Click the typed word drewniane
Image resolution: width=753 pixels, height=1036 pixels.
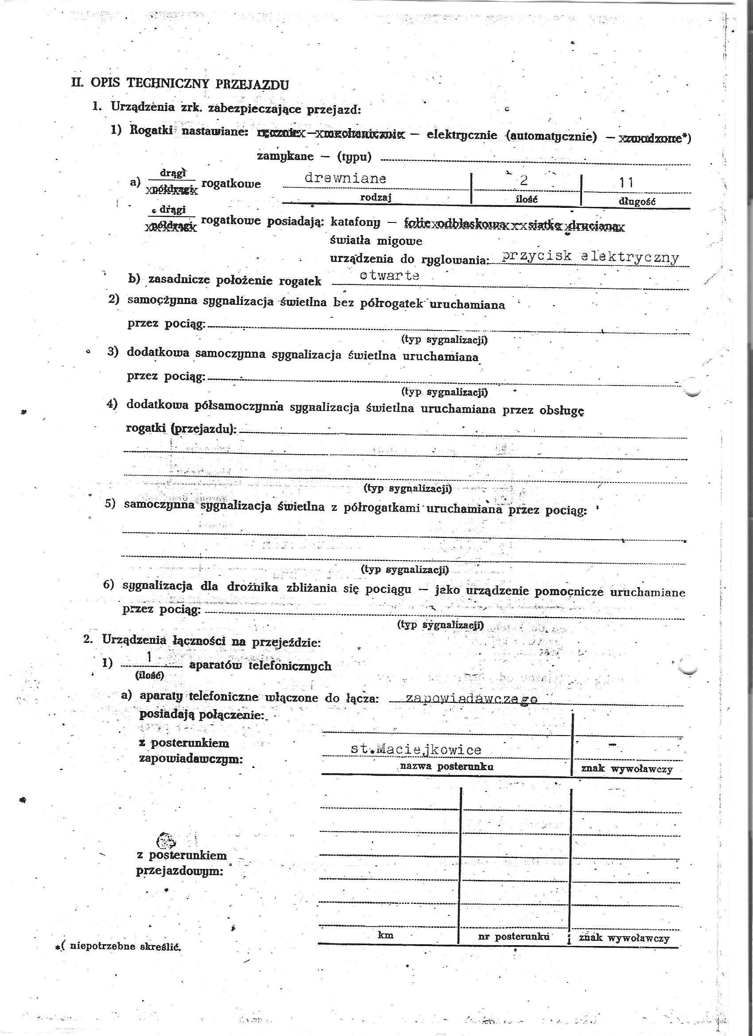(345, 178)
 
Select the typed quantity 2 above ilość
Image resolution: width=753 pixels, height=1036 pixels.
(523, 180)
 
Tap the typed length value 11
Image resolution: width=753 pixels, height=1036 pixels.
(626, 183)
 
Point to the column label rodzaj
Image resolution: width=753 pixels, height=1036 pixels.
(376, 197)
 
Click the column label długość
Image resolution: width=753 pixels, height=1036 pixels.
(637, 202)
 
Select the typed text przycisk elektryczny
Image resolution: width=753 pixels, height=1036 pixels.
(590, 257)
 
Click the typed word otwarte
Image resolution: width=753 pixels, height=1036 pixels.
(389, 276)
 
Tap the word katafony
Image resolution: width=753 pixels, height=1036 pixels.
(355, 222)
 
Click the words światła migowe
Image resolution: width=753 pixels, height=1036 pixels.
(376, 241)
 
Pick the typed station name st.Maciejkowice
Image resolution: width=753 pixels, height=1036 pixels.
(415, 749)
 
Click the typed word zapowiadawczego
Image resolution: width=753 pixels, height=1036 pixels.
(471, 698)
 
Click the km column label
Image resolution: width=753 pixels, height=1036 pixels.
(385, 935)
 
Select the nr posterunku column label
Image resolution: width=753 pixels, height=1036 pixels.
(513, 936)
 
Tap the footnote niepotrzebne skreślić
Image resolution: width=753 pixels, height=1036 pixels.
(122, 946)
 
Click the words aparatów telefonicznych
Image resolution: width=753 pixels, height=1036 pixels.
(260, 666)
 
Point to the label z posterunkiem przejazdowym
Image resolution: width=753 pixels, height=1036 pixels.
(181, 863)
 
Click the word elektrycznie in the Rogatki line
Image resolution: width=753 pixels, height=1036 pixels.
(461, 135)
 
